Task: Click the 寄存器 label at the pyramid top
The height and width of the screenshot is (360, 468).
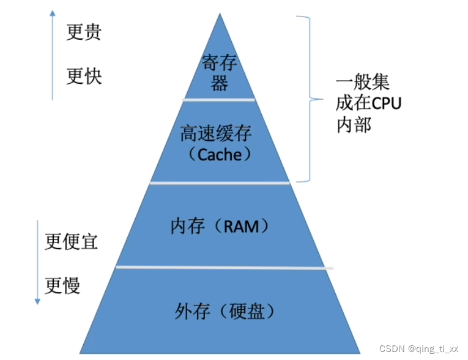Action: pos(219,72)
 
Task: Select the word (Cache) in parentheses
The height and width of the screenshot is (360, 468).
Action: pos(220,154)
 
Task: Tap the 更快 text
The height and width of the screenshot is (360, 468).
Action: pos(84,76)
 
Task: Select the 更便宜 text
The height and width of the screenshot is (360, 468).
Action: pos(72,241)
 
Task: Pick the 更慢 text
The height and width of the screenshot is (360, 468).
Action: pos(62,285)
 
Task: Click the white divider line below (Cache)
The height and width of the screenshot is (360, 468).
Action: pos(220,182)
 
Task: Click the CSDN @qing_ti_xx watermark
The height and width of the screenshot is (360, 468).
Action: pos(418,348)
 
